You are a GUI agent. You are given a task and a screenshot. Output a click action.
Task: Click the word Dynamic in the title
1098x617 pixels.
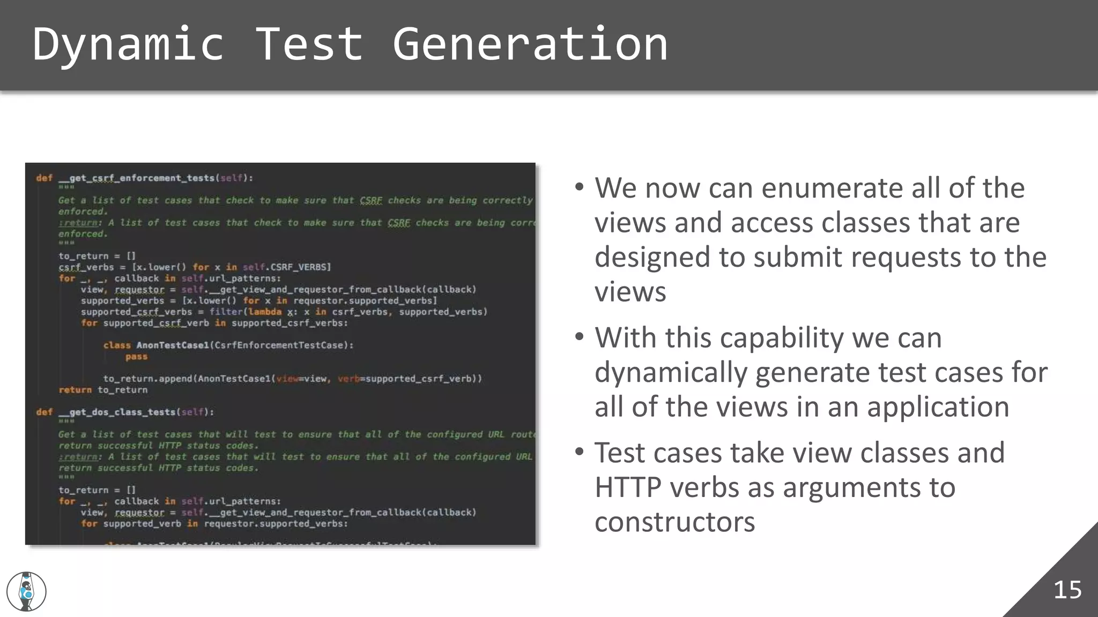pos(128,44)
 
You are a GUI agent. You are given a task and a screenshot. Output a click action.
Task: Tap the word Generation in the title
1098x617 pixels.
pos(530,44)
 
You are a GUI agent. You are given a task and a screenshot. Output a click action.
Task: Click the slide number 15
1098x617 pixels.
pos(1067,590)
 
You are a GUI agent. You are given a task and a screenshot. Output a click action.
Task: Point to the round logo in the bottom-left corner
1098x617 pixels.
pos(26,591)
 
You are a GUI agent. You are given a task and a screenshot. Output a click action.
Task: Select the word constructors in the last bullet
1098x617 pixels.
pos(674,522)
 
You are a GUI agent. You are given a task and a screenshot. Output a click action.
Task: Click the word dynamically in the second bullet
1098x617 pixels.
pos(671,373)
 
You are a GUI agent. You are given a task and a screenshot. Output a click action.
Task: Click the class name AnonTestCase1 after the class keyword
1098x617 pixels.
pos(172,345)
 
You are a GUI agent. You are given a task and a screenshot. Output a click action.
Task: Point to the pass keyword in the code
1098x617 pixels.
pos(136,357)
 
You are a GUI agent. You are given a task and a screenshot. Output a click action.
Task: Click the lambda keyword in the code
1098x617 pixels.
pos(265,312)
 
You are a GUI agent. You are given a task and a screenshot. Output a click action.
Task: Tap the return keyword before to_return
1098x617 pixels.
pos(75,390)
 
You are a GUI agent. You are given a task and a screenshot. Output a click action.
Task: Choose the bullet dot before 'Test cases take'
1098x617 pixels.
pos(579,452)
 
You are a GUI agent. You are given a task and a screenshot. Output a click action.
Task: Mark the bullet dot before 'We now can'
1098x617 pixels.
pos(579,187)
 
